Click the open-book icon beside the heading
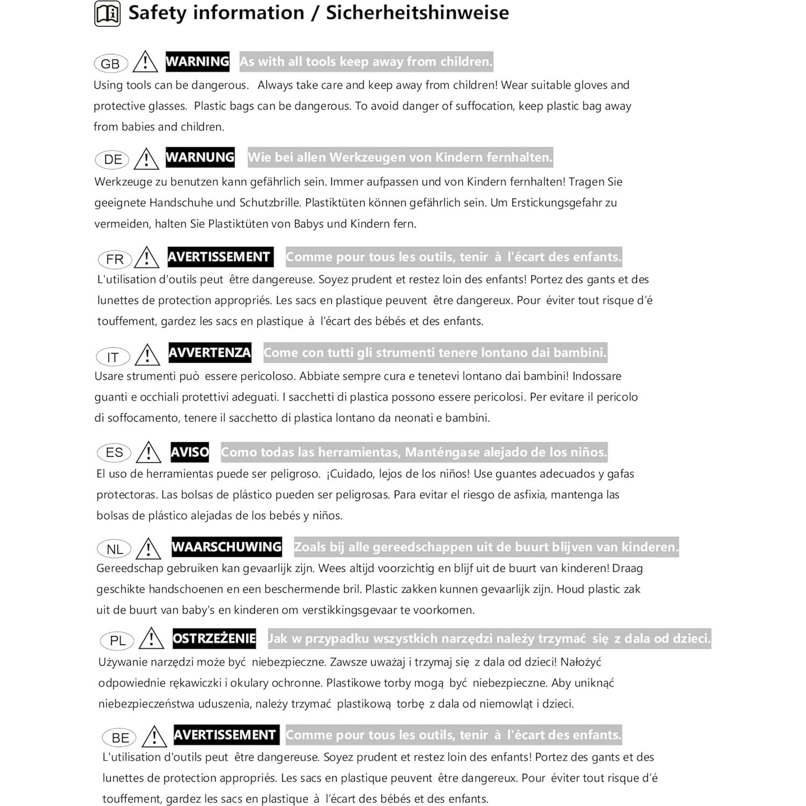(x=107, y=13)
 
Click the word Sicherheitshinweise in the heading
(x=417, y=13)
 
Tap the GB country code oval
(x=110, y=63)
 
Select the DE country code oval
(x=113, y=159)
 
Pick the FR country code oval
(x=115, y=259)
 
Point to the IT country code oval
(x=112, y=357)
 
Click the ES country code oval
(x=114, y=453)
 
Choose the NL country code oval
(x=115, y=549)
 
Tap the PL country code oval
(x=117, y=640)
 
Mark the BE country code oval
(x=119, y=738)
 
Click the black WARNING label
(x=197, y=61)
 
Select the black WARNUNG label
(x=200, y=157)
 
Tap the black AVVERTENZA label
(x=210, y=352)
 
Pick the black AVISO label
(x=189, y=452)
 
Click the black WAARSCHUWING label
(x=227, y=547)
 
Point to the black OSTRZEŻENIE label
(x=214, y=638)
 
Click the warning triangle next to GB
(x=145, y=62)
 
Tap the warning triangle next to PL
(x=151, y=639)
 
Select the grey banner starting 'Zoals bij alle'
(x=486, y=547)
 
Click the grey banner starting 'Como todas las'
(x=414, y=452)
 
